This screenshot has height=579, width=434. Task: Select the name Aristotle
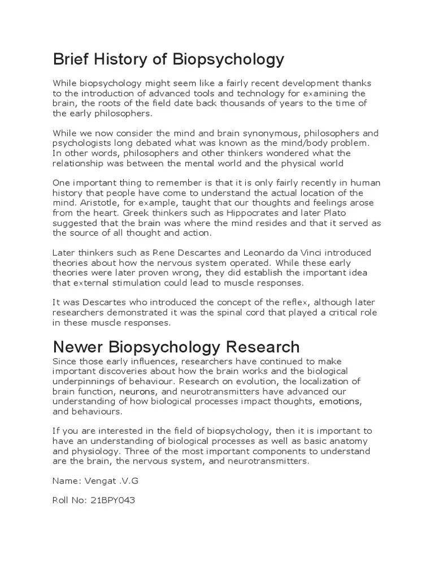[98, 202]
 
